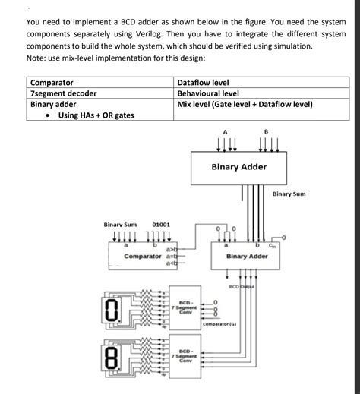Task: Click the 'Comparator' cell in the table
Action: (x=52, y=82)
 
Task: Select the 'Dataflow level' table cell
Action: (x=203, y=82)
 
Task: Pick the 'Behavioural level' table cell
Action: (x=209, y=93)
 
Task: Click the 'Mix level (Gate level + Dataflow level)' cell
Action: (x=245, y=105)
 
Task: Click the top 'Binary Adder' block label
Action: (x=238, y=166)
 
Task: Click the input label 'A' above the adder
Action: (x=225, y=132)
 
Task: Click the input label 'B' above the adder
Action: (x=266, y=132)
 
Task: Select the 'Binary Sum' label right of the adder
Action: (x=289, y=194)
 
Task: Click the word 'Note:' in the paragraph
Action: (x=37, y=58)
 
